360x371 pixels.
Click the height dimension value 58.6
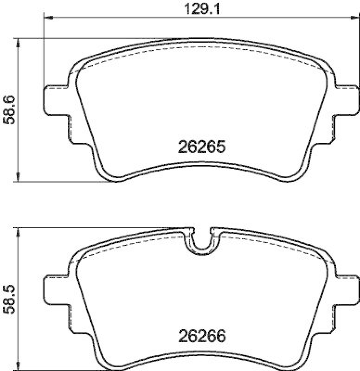pyautogui.click(x=9, y=110)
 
